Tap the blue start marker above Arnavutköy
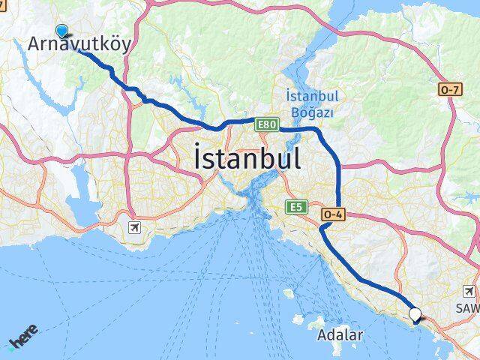62,31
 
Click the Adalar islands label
340,335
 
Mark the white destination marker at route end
415,316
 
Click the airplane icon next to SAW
469,291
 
